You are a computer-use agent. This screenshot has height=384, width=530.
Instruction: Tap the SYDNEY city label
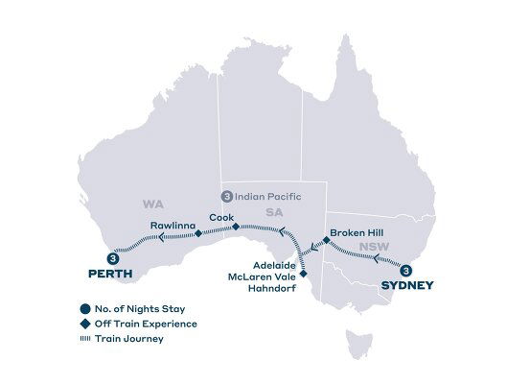[407, 285]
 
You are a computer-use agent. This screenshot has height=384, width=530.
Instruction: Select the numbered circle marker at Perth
[114, 258]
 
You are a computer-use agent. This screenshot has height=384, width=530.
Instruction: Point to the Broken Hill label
[357, 232]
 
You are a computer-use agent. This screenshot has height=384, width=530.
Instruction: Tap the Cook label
[221, 215]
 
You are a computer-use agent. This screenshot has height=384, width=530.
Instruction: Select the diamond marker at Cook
[235, 227]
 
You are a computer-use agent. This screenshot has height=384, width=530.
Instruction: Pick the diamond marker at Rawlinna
[197, 233]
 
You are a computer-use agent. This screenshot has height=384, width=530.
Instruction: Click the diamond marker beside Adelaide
[304, 274]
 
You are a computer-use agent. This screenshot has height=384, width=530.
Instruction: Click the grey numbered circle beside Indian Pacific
[226, 197]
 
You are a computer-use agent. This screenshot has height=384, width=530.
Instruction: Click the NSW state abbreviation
[368, 247]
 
